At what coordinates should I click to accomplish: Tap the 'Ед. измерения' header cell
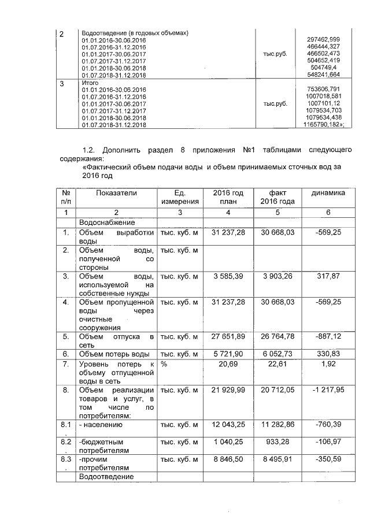pos(180,197)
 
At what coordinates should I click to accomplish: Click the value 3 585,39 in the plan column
pos(229,276)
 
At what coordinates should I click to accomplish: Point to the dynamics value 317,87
pos(329,276)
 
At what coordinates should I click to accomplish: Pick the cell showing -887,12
pos(328,337)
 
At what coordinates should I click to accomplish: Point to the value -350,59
pos(328,459)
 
